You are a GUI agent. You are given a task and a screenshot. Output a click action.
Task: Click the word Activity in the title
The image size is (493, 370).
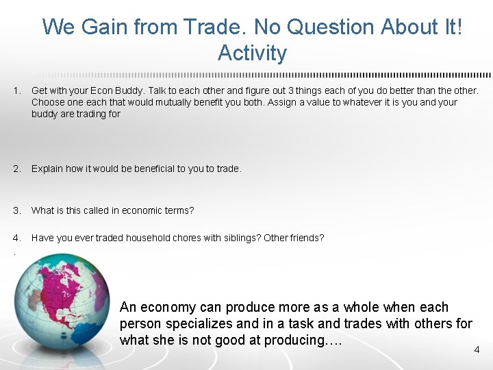point(252,53)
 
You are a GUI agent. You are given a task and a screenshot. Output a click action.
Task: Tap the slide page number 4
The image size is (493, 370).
point(477,350)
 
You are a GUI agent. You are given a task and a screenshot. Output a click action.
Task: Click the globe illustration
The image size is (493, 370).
point(66,308)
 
